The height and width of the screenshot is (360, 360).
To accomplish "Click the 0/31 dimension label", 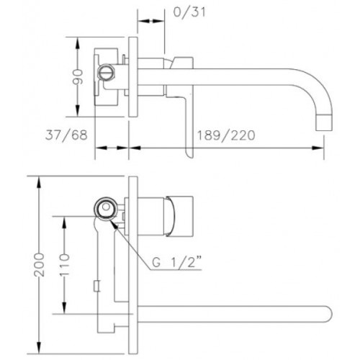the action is pos(189,12).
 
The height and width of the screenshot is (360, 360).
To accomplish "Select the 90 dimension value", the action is pos(78,77).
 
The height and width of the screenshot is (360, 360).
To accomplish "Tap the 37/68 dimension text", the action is pos(66,135).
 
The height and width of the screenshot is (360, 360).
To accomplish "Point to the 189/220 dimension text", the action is pos(226,135).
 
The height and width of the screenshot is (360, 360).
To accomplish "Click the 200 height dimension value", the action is pos(39,265).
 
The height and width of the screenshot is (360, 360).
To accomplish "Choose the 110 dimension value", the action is pos(64,265).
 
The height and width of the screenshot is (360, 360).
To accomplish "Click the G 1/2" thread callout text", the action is pos(176,262).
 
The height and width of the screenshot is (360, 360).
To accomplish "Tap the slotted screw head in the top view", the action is pos(106,71).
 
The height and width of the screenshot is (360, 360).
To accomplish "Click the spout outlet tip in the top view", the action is pos(324,123).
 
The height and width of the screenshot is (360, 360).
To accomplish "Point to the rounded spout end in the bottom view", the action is pos(329,315).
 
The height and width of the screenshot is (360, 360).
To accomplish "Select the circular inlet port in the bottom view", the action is pos(106,207).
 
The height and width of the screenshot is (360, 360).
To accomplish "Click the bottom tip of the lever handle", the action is pos(190,156).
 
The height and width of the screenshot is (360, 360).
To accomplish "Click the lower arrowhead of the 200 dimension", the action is pos(39,348).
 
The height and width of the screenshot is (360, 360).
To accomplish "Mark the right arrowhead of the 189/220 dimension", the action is pos(318,148).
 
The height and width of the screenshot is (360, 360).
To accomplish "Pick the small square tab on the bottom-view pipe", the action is pos(96,286).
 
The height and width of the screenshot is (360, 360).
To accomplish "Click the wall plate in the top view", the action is pos(132,77).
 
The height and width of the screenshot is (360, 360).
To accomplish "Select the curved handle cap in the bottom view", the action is pos(171,215).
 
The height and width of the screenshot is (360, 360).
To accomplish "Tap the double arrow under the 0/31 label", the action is pos(151,21).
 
